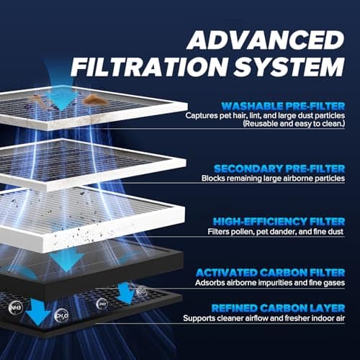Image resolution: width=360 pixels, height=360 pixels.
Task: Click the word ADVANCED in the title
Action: tap(266, 40)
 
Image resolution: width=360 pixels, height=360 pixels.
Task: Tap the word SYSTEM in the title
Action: tap(289, 67)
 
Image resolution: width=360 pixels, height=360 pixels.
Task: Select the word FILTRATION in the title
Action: tap(149, 67)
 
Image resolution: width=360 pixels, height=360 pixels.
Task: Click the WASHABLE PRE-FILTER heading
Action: tap(283, 106)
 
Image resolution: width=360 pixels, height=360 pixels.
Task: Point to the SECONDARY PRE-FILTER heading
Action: tap(279, 168)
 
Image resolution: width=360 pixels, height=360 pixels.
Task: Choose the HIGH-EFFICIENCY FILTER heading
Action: tap(279, 222)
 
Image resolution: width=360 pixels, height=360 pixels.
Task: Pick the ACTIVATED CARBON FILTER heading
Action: tap(270, 273)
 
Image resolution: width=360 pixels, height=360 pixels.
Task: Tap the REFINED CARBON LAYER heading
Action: tap(278, 308)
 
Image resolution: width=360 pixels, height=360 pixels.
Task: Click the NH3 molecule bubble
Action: tap(16, 307)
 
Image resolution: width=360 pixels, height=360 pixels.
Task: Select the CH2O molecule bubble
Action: tap(62, 315)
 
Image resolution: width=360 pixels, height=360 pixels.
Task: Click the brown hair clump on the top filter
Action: tap(95, 99)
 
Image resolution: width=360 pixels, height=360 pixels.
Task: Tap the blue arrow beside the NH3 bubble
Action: tap(38, 312)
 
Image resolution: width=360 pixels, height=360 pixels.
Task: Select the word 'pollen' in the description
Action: tap(242, 232)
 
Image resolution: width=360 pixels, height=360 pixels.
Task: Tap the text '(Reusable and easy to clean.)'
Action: tap(294, 124)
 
